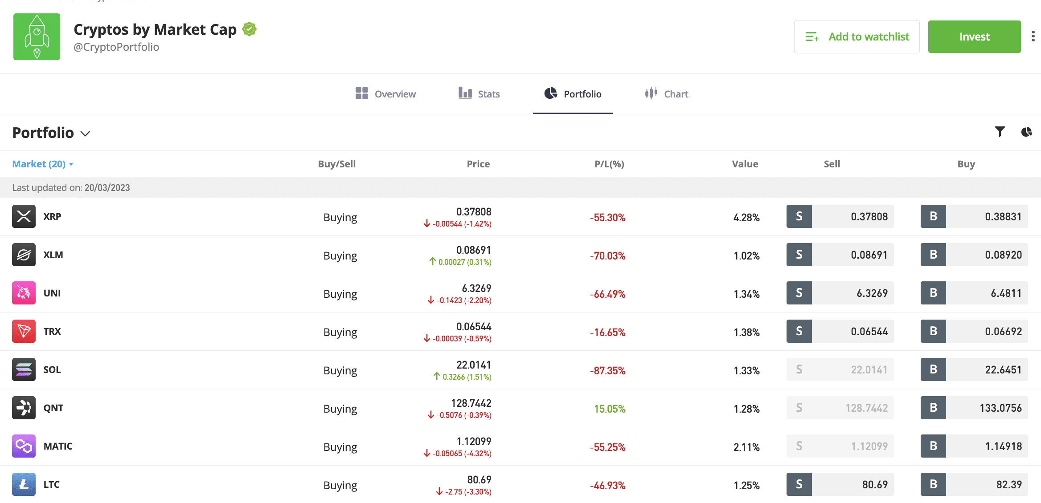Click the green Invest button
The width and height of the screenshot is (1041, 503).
pyautogui.click(x=974, y=37)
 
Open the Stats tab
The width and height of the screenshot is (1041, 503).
pyautogui.click(x=480, y=94)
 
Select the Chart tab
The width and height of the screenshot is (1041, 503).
pyautogui.click(x=667, y=94)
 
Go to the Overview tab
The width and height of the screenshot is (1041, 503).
pyautogui.click(x=386, y=94)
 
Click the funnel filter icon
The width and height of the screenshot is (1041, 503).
pyautogui.click(x=1000, y=132)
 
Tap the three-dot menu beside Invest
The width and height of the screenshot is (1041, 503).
pyautogui.click(x=1033, y=37)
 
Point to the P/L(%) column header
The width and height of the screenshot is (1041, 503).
pyautogui.click(x=609, y=164)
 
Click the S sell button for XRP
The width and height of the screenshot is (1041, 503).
pyautogui.click(x=799, y=216)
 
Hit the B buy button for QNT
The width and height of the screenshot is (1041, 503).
pyautogui.click(x=933, y=408)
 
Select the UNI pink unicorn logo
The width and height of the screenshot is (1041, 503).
pyautogui.click(x=24, y=293)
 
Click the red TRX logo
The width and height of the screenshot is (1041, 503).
pyautogui.click(x=24, y=331)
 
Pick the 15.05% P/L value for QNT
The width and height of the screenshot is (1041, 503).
pyautogui.click(x=610, y=409)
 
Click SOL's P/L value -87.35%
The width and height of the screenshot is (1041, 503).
pyautogui.click(x=608, y=371)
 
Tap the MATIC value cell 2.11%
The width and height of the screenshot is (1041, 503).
pyautogui.click(x=746, y=447)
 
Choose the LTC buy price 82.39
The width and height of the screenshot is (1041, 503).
pyautogui.click(x=1009, y=485)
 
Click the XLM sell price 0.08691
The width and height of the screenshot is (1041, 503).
pyautogui.click(x=869, y=255)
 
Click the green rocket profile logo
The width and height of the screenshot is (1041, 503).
pyautogui.click(x=37, y=37)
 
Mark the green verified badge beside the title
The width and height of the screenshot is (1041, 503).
pyautogui.click(x=249, y=29)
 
